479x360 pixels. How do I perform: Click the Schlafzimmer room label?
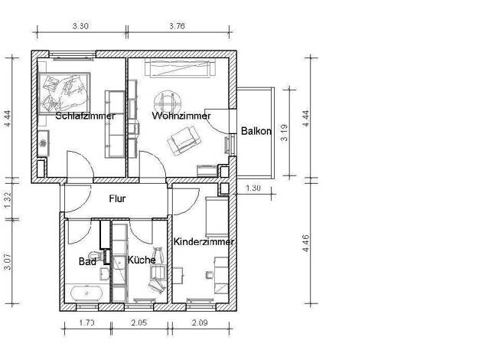(x=85, y=116)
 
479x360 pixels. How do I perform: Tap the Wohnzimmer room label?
(x=181, y=116)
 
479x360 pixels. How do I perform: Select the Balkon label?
(x=256, y=131)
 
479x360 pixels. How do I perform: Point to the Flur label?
(x=117, y=199)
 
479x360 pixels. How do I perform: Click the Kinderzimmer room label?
(x=204, y=241)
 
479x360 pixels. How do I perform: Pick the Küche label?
(x=142, y=260)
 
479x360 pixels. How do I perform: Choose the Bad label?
(x=87, y=261)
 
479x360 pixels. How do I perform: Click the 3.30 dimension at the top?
(x=80, y=26)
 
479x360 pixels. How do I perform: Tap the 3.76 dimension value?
(x=178, y=26)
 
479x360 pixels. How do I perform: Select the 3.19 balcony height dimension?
(x=284, y=133)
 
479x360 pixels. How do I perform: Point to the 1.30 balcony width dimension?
(x=253, y=188)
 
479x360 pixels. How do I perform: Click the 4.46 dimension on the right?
(x=305, y=243)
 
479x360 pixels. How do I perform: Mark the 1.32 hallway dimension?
(x=8, y=199)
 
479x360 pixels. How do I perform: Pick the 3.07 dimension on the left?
(x=8, y=261)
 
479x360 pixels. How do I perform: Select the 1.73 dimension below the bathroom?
(x=87, y=322)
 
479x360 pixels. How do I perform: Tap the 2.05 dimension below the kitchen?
(x=139, y=322)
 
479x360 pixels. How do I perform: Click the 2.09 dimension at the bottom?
(x=200, y=322)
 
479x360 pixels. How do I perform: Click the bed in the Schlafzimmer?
(x=64, y=93)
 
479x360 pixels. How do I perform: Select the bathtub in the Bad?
(x=86, y=293)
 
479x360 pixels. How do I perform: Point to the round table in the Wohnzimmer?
(x=168, y=102)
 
